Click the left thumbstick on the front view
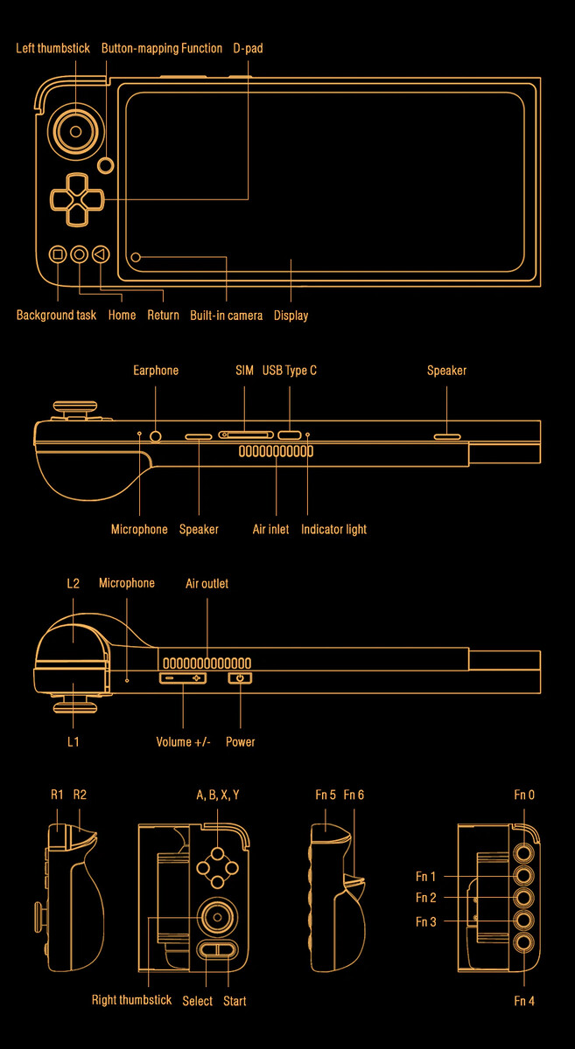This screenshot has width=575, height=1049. (x=75, y=132)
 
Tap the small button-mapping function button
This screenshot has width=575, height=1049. (x=107, y=165)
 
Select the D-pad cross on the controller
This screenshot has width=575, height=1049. (x=77, y=200)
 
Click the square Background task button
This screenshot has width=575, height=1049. (x=58, y=254)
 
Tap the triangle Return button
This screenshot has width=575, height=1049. (x=101, y=254)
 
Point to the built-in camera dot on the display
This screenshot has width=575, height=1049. (x=136, y=257)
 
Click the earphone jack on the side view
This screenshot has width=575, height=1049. (x=156, y=436)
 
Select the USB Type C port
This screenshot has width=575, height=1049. (x=290, y=435)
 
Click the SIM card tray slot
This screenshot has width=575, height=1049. (x=246, y=435)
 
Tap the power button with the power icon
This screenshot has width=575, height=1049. (x=240, y=677)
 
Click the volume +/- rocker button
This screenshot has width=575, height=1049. (x=183, y=677)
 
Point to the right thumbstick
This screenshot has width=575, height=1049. (x=217, y=917)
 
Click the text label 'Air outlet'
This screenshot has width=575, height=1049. (x=207, y=584)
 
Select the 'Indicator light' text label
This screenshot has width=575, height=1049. (x=333, y=529)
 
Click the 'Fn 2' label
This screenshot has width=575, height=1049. (x=426, y=897)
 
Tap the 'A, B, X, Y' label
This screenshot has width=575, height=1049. (x=218, y=795)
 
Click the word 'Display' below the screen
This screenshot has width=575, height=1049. (x=291, y=316)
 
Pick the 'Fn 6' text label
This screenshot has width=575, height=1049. (x=354, y=795)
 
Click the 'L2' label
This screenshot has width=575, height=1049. (x=74, y=583)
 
